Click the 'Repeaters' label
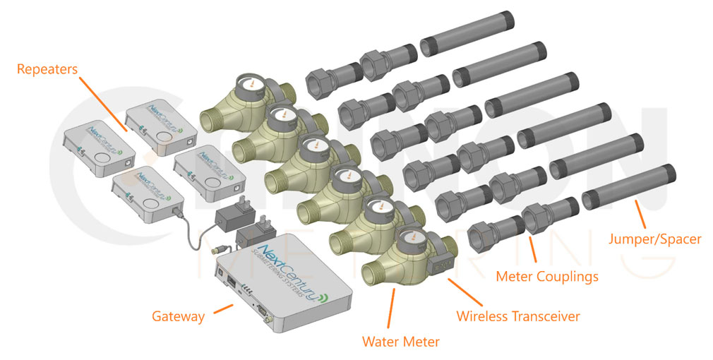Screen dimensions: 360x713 coord(48,70)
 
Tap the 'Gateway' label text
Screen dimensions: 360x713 coord(178,316)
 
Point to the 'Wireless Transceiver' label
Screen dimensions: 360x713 coord(518,316)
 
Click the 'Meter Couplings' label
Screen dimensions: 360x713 coord(547,275)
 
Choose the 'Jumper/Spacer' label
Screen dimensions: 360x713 coord(655,239)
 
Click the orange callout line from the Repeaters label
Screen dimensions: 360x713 coord(104,106)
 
